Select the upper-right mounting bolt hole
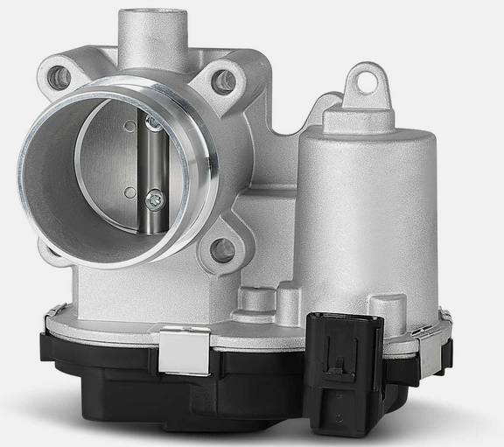[225, 82]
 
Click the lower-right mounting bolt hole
[223, 251]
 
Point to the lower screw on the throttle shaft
[155, 200]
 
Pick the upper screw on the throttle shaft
[153, 123]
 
